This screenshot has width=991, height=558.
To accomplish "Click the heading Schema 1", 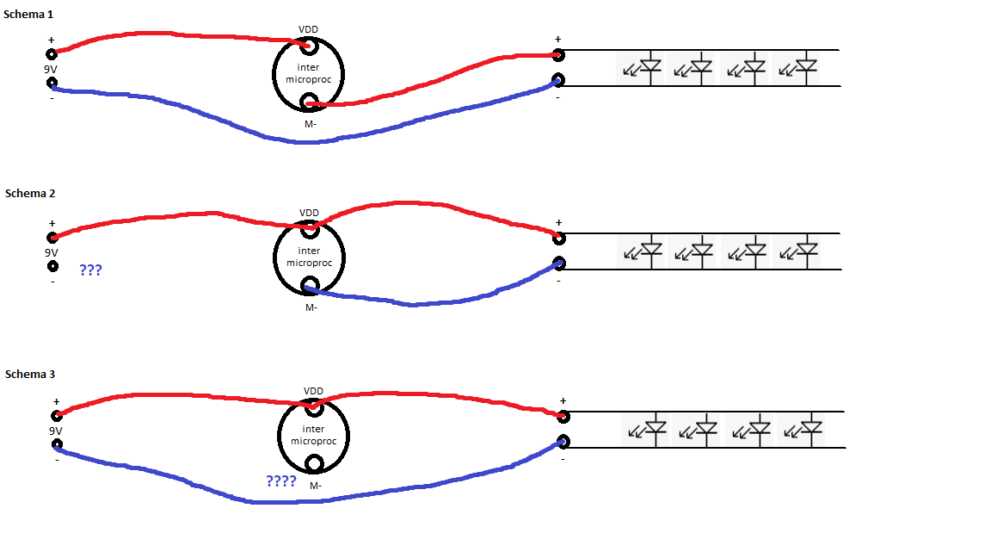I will [30, 15].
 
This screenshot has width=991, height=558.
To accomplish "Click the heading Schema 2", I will [30, 193].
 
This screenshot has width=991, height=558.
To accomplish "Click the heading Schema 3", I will [30, 374].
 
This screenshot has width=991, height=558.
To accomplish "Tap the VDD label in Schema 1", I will [308, 29].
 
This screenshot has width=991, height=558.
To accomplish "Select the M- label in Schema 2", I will [311, 307].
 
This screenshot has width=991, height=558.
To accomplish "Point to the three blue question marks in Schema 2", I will [90, 270].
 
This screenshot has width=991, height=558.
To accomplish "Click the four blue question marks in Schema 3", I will [281, 480].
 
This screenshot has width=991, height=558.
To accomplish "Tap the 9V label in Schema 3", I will [56, 431].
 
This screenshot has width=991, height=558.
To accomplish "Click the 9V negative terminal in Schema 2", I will [52, 265].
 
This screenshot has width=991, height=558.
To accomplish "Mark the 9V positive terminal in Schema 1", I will [52, 53].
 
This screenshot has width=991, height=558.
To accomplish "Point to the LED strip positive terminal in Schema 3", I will [563, 417].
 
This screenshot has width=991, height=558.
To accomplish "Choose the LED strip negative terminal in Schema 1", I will [558, 81].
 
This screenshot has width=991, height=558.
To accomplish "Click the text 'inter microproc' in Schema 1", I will [308, 73].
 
